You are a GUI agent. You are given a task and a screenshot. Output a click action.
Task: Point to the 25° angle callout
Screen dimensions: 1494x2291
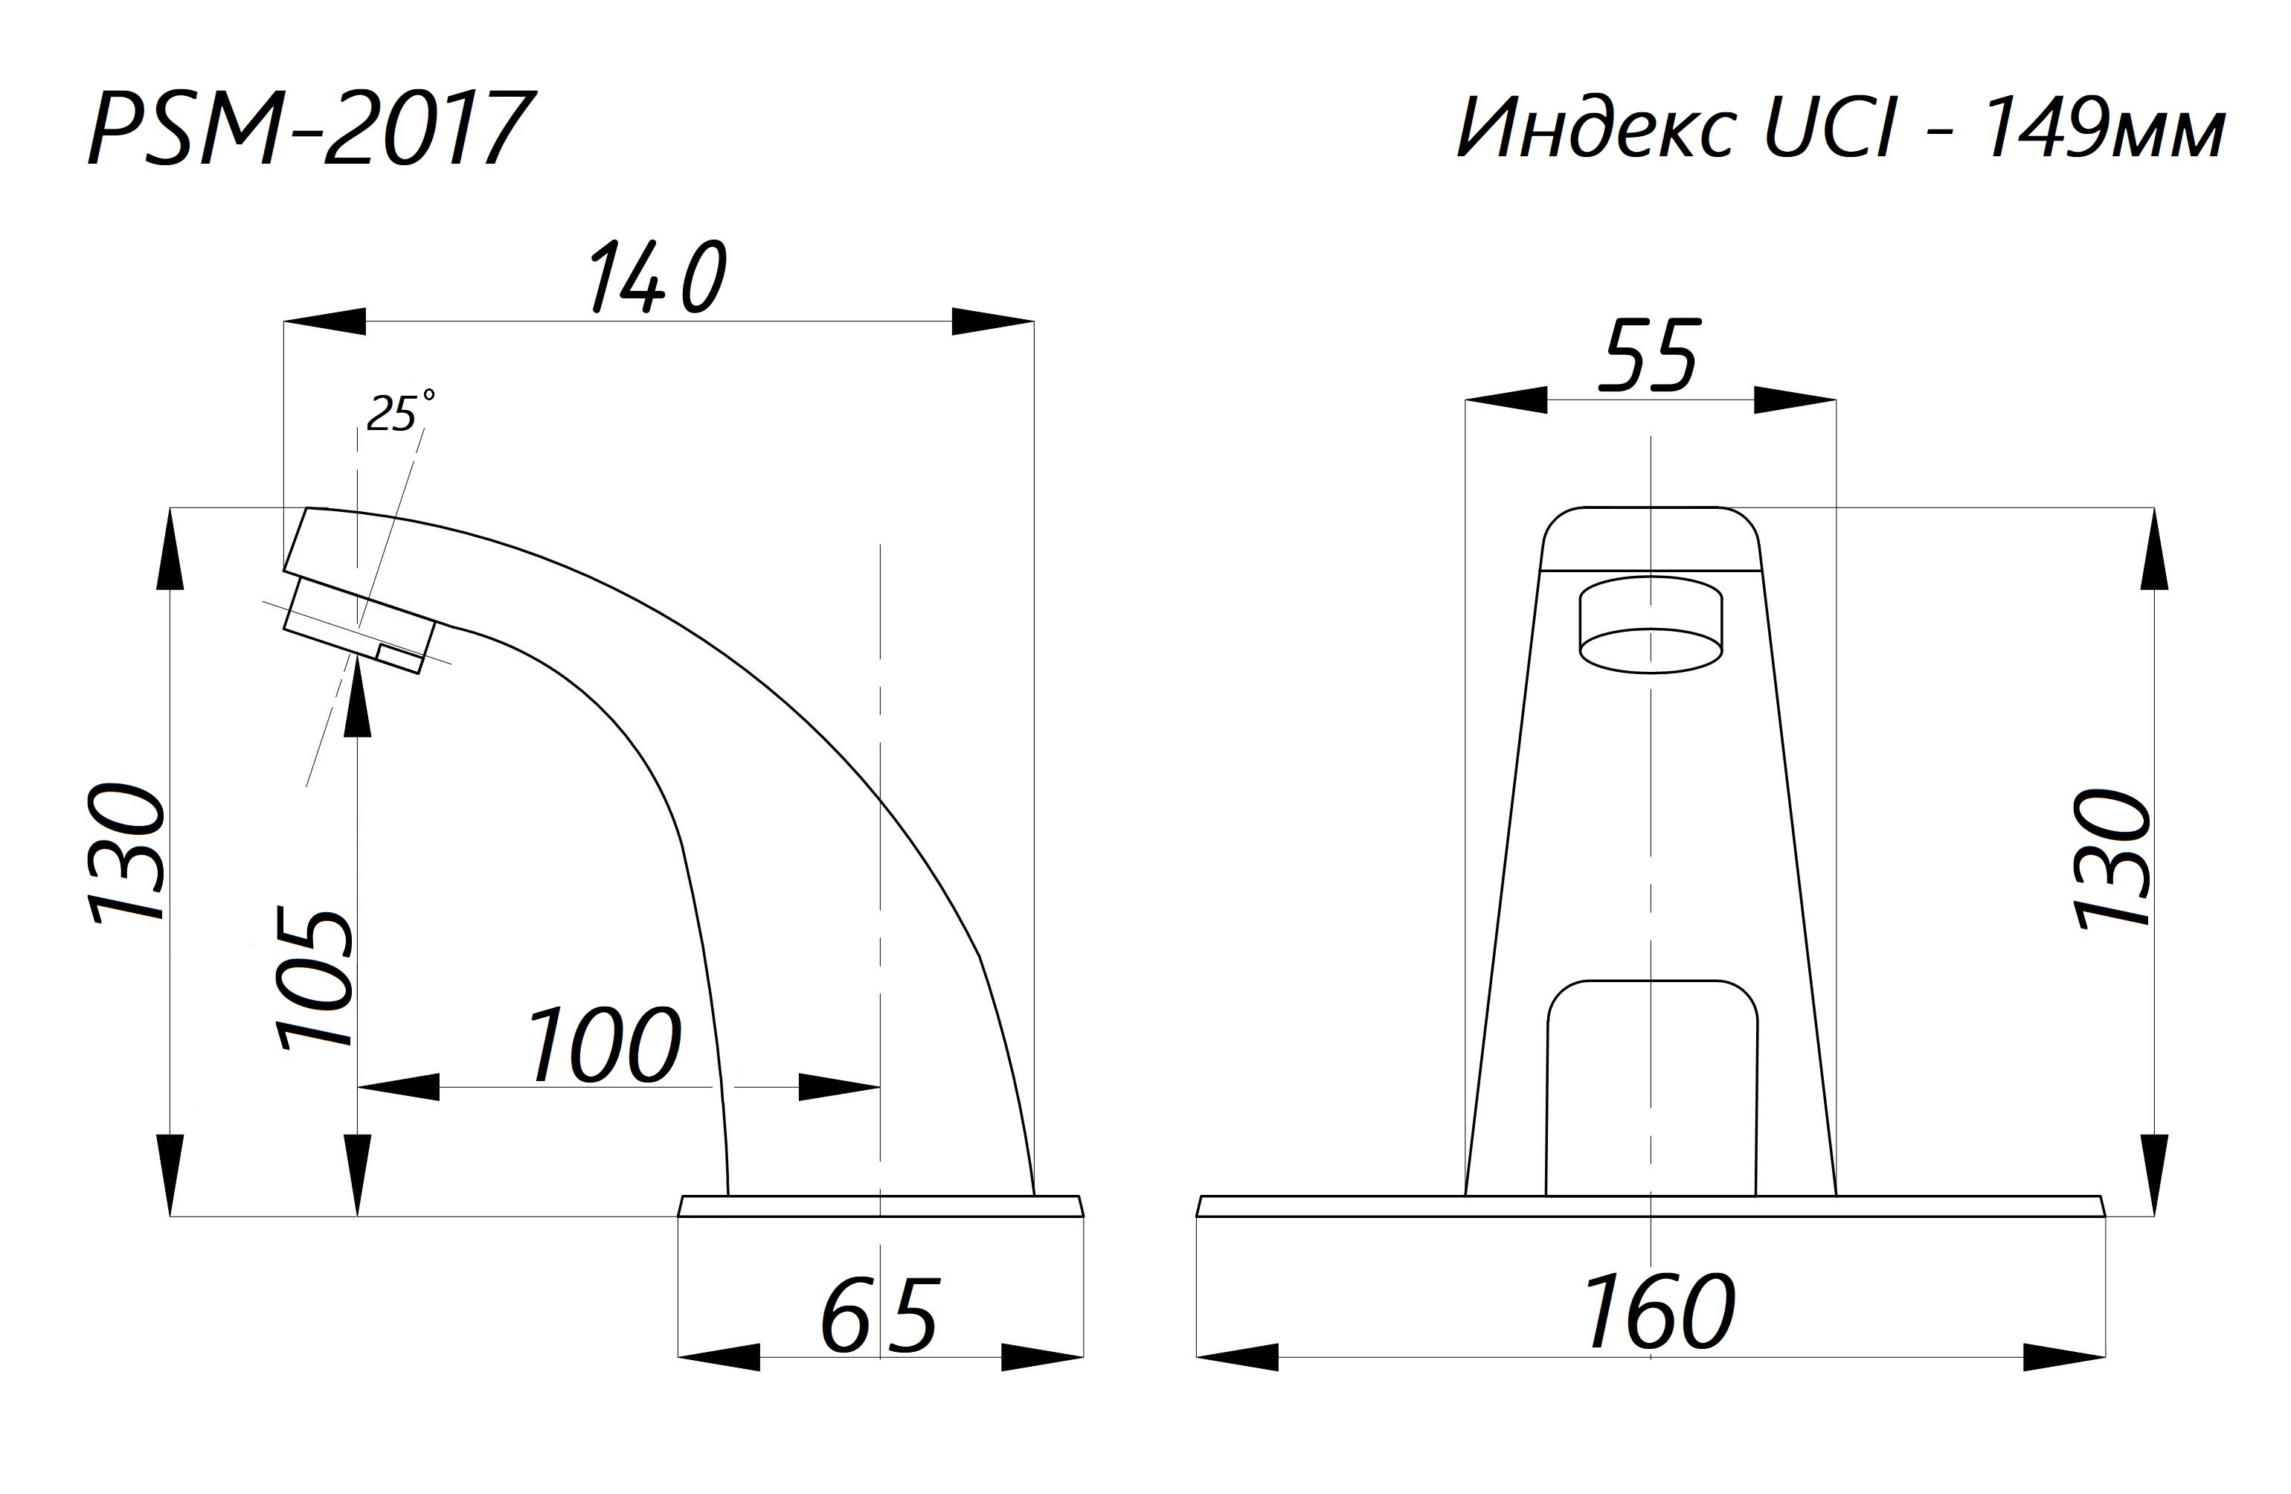point(397,414)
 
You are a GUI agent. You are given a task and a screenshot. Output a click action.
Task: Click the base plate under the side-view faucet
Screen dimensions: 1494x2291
point(880,1205)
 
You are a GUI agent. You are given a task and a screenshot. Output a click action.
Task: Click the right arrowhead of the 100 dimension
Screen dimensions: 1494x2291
point(838,1087)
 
